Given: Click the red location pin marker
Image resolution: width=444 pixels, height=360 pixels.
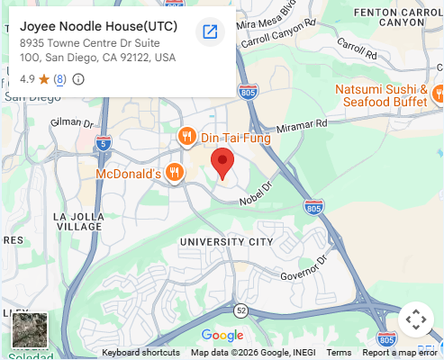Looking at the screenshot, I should [222, 163].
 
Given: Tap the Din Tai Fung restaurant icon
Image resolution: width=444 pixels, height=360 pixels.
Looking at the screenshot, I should [186, 137].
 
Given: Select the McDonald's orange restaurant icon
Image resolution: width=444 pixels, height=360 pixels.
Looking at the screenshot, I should [175, 172].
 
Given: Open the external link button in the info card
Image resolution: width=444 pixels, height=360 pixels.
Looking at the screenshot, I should [210, 32].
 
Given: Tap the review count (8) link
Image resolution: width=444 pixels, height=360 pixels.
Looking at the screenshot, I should [59, 79].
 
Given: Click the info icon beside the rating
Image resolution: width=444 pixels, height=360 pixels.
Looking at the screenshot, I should [78, 79].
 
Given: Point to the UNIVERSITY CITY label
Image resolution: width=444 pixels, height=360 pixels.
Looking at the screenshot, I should [225, 242].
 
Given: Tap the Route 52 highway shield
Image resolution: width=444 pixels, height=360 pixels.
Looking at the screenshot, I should [240, 310].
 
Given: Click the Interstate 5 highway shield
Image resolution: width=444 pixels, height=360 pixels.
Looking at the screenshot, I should [103, 142].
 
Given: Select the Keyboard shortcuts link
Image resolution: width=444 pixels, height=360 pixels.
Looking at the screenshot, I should [140, 353].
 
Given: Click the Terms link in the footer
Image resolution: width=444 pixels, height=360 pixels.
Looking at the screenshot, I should [339, 353].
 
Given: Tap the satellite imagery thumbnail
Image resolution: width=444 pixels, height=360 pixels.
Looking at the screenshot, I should [28, 329].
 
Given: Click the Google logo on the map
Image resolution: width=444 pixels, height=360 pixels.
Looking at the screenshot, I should [222, 336].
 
